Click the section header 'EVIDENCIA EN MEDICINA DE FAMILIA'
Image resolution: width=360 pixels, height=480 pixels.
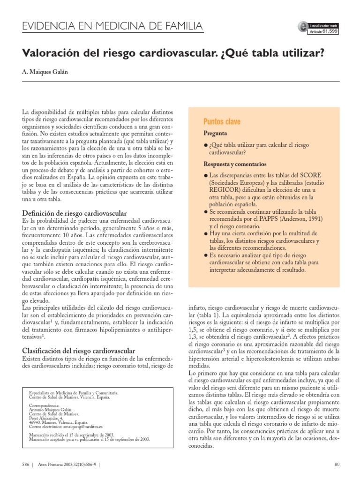pyautogui.click(x=113, y=26)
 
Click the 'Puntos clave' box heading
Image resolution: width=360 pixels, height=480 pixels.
pyautogui.click(x=222, y=122)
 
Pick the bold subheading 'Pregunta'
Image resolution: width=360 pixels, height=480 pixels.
pyautogui.click(x=215, y=133)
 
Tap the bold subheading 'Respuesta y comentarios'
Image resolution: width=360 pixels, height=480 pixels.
pyautogui.click(x=235, y=165)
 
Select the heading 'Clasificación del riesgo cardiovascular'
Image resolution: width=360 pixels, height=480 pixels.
pyautogui.click(x=79, y=351)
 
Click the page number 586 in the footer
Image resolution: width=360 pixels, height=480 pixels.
pyautogui.click(x=25, y=465)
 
